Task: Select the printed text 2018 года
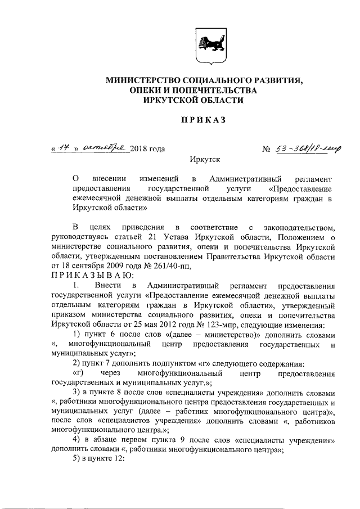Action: coord(147,149)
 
